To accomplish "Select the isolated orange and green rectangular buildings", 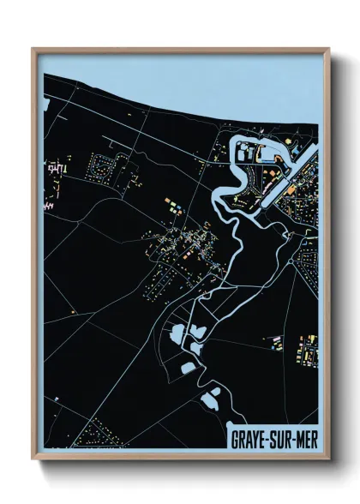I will click(171, 206).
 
